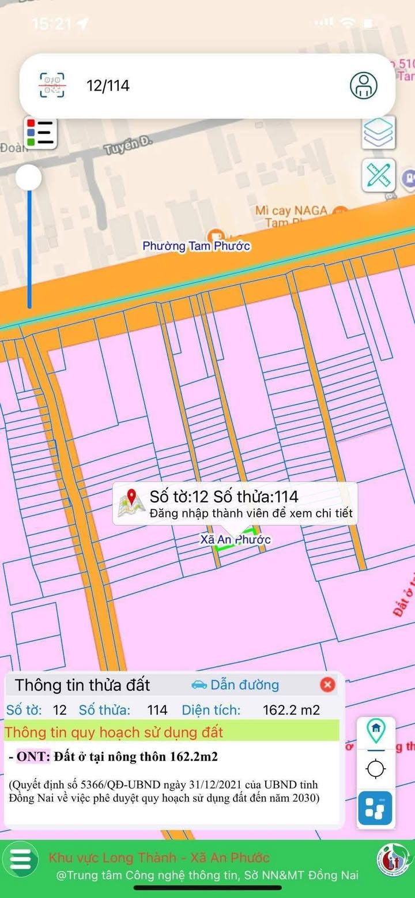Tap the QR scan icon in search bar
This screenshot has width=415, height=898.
point(52,86)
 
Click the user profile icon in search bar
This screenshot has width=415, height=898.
point(364,85)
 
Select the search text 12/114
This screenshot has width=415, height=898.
point(108,86)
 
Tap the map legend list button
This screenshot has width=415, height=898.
point(40,133)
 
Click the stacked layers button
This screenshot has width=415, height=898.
point(379,133)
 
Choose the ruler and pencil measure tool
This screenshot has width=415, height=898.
point(379,175)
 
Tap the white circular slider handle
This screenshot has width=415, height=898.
point(28,177)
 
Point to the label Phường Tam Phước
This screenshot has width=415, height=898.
point(196,246)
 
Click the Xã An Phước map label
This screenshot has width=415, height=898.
point(235,540)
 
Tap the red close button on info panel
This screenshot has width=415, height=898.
point(327,685)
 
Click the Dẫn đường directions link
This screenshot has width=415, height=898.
point(235,685)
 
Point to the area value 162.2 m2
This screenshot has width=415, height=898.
point(291,710)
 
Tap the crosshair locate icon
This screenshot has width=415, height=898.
point(376,769)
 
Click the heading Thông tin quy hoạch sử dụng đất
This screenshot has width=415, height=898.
point(114,732)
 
